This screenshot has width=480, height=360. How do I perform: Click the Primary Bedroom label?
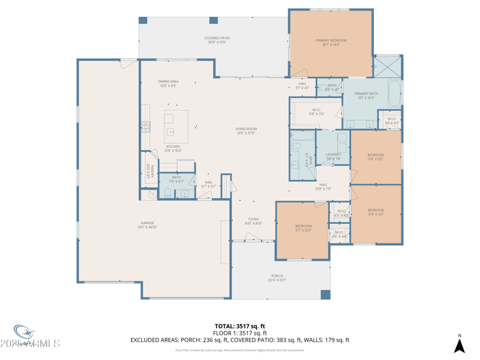[x=331, y=43]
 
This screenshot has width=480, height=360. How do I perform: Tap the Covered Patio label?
[x=217, y=40]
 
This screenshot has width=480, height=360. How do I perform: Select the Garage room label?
[x=148, y=225]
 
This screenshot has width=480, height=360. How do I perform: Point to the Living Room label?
[x=246, y=131]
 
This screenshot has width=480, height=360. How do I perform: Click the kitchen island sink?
[x=171, y=131]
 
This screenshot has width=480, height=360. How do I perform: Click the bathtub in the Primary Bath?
[x=394, y=93]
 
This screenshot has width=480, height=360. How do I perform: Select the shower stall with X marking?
[x=388, y=65]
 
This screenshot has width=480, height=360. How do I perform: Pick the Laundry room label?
[x=334, y=157]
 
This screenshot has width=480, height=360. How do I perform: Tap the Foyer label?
[x=254, y=221]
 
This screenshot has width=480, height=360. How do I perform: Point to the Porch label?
[x=277, y=278]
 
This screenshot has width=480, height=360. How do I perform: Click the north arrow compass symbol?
[x=460, y=345]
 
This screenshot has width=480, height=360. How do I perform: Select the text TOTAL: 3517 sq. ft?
[x=240, y=326]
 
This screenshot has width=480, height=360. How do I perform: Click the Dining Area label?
[x=169, y=83]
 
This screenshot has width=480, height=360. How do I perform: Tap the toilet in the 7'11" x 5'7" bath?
[x=168, y=193]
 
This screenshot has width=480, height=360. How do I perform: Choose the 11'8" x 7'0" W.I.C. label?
[x=317, y=112]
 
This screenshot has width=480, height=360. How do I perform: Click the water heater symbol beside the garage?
[x=151, y=194]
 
